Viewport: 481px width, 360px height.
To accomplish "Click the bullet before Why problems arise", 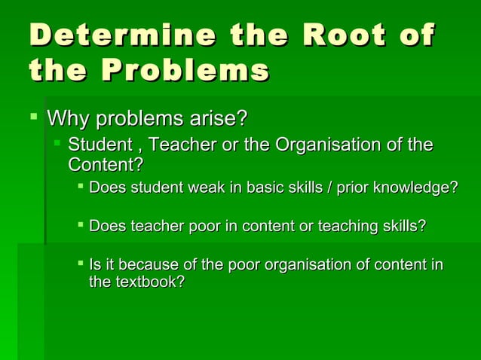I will [x=31, y=116].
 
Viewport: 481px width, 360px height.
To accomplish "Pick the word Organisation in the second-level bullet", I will [x=328, y=144].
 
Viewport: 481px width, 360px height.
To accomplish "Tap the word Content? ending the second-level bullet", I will [x=106, y=164].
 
